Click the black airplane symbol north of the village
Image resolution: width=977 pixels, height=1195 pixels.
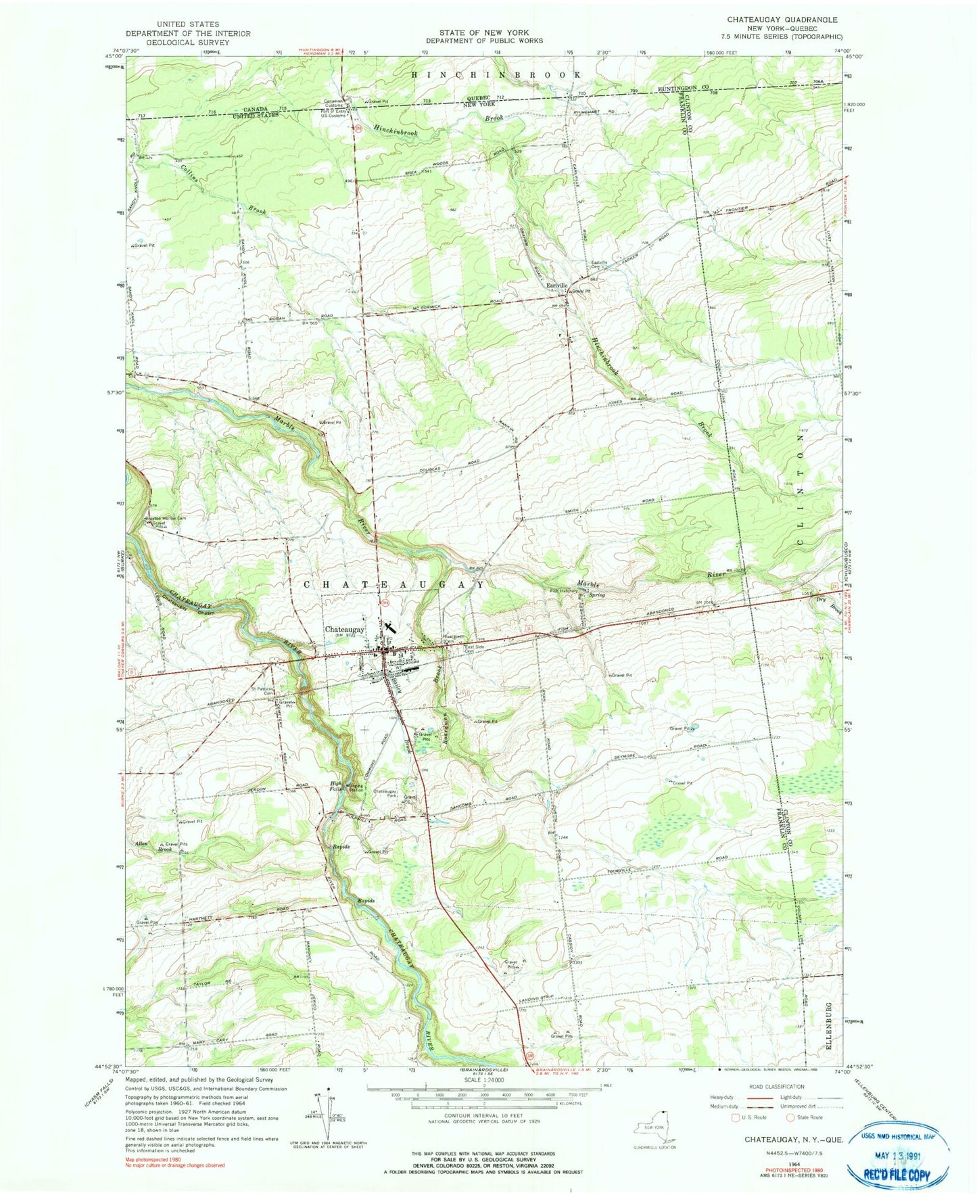click(x=388, y=628)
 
